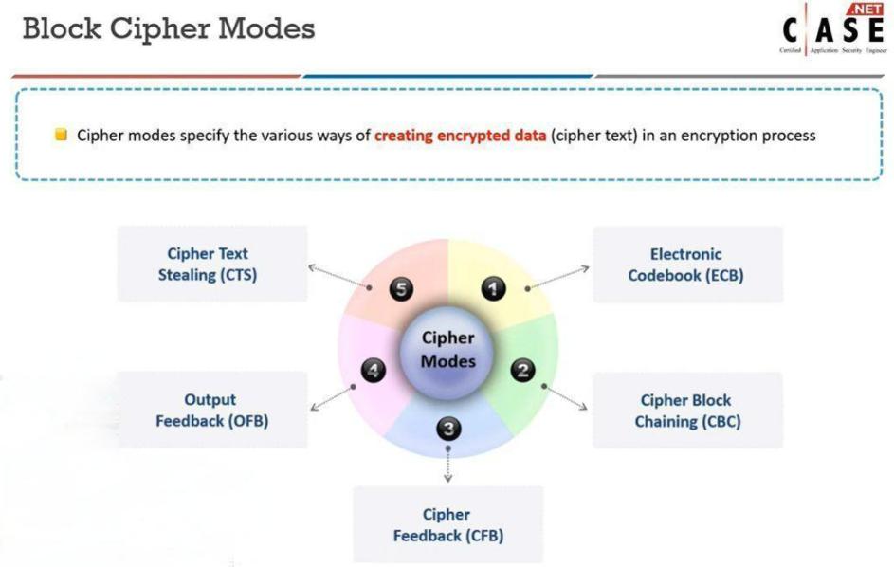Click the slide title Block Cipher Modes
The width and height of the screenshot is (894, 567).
(x=168, y=28)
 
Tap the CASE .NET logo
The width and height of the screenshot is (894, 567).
(x=833, y=30)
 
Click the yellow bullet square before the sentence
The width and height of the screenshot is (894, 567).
(x=61, y=135)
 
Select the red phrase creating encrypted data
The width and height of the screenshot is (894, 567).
(x=460, y=136)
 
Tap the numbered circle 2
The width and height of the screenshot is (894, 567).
(x=522, y=370)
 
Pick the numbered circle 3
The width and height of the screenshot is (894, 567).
(x=448, y=429)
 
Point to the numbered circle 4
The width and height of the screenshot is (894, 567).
(x=374, y=371)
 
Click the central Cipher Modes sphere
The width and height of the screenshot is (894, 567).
(x=448, y=350)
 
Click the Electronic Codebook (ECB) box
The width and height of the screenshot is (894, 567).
(x=686, y=265)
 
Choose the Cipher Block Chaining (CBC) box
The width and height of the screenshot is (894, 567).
(x=686, y=410)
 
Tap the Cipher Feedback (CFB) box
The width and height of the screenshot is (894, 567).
(x=447, y=524)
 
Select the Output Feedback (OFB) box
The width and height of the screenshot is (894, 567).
(x=211, y=410)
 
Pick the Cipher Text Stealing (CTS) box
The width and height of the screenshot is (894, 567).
(x=211, y=265)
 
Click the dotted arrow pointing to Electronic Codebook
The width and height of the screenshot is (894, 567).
(x=559, y=277)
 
